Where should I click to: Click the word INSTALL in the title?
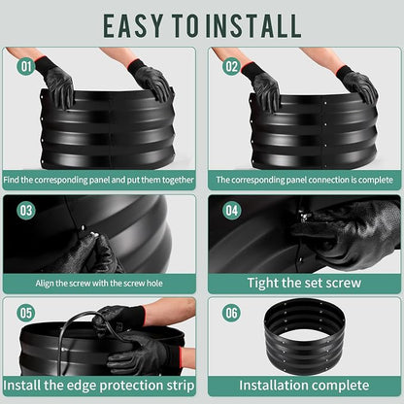(x=253, y=25)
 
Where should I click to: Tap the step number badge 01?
(x=26, y=66)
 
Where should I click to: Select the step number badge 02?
(x=232, y=66)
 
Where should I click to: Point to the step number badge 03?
(x=26, y=211)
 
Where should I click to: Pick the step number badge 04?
(x=232, y=211)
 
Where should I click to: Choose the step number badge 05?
(x=26, y=313)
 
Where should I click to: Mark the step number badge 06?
(x=232, y=313)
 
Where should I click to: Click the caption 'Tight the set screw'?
(x=304, y=283)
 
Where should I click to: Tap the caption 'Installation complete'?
(x=304, y=386)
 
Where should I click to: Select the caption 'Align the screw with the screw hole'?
(x=99, y=284)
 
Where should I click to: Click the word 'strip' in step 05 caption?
(x=181, y=386)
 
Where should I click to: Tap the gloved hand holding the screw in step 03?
(x=94, y=254)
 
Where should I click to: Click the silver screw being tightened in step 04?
(x=304, y=216)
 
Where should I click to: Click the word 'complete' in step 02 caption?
(x=375, y=180)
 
